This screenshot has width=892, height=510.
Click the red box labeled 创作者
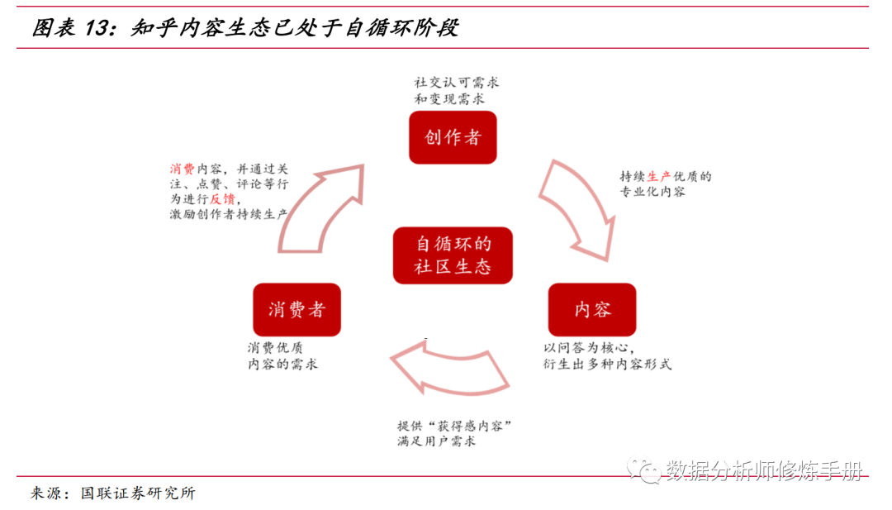click(x=453, y=137)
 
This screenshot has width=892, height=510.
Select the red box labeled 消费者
click(x=297, y=310)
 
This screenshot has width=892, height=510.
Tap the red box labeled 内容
click(x=592, y=310)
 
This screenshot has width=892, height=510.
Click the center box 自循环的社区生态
click(x=453, y=255)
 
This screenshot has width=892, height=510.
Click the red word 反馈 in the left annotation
click(x=222, y=198)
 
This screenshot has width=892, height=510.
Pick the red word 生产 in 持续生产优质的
click(x=658, y=176)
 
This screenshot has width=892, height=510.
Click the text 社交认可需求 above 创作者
click(x=457, y=83)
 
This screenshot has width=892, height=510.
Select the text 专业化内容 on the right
click(x=652, y=192)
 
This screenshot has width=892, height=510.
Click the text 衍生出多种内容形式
click(x=607, y=364)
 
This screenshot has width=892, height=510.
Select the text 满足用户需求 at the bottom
click(x=436, y=441)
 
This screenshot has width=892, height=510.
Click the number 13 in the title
click(x=96, y=28)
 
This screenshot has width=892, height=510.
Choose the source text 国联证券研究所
click(x=139, y=493)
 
